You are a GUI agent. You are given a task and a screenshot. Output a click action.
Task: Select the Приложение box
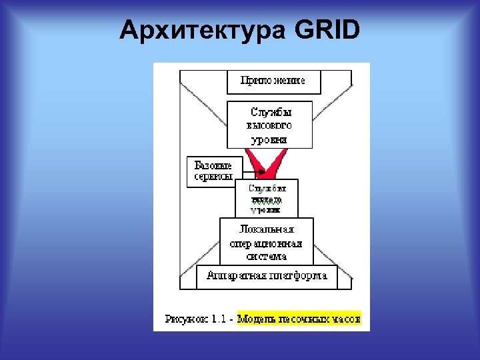pos(274,81)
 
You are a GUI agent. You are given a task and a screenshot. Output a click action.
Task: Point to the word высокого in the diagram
pos(269,125)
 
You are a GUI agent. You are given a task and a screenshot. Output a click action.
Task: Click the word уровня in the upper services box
pos(269,139)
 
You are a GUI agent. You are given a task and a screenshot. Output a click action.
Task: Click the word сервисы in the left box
pos(213,177)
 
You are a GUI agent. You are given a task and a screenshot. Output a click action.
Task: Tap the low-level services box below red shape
pos(267,198)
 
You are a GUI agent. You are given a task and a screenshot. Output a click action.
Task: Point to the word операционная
pos(266,243)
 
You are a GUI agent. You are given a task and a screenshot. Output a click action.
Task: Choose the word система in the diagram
pos(266,256)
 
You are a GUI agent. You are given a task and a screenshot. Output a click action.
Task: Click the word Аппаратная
pos(237,275)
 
